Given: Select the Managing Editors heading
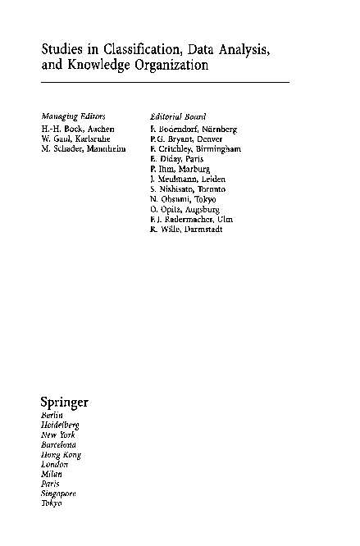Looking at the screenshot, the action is tap(73, 116).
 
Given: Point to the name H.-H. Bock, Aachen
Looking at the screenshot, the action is tap(78, 129).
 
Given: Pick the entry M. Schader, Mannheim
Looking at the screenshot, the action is tap(83, 148).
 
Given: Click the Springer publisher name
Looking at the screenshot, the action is tap(64, 403).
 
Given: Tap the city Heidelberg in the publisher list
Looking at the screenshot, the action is tap(60, 426).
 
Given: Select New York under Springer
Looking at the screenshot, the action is tap(57, 435).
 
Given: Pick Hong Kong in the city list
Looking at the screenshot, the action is tap(61, 454).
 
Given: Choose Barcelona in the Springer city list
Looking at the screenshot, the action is tap(59, 444).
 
